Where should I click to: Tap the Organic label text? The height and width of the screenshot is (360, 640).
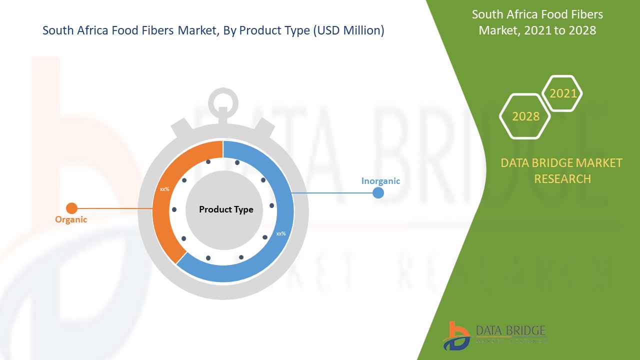pyautogui.click(x=71, y=219)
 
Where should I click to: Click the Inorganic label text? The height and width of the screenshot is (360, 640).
pyautogui.click(x=380, y=181)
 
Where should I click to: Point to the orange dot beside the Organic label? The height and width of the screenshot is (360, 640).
pyautogui.click(x=71, y=208)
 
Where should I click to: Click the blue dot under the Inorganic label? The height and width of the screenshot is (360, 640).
pyautogui.click(x=378, y=192)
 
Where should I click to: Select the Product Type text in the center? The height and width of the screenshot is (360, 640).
pyautogui.click(x=226, y=209)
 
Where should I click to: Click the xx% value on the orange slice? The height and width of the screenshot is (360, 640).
pyautogui.click(x=164, y=189)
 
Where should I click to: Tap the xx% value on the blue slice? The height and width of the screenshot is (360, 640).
pyautogui.click(x=281, y=233)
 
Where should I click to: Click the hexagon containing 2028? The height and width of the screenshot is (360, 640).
pyautogui.click(x=525, y=116)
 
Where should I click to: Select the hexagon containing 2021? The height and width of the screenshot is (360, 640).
pyautogui.click(x=563, y=93)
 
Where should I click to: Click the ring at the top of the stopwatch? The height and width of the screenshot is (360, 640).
pyautogui.click(x=223, y=102)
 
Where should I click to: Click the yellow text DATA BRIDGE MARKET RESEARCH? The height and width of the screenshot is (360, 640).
pyautogui.click(x=561, y=170)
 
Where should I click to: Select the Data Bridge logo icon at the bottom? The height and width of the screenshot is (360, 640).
pyautogui.click(x=456, y=335)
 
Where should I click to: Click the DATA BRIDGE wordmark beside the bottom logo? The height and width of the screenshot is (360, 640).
pyautogui.click(x=510, y=330)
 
